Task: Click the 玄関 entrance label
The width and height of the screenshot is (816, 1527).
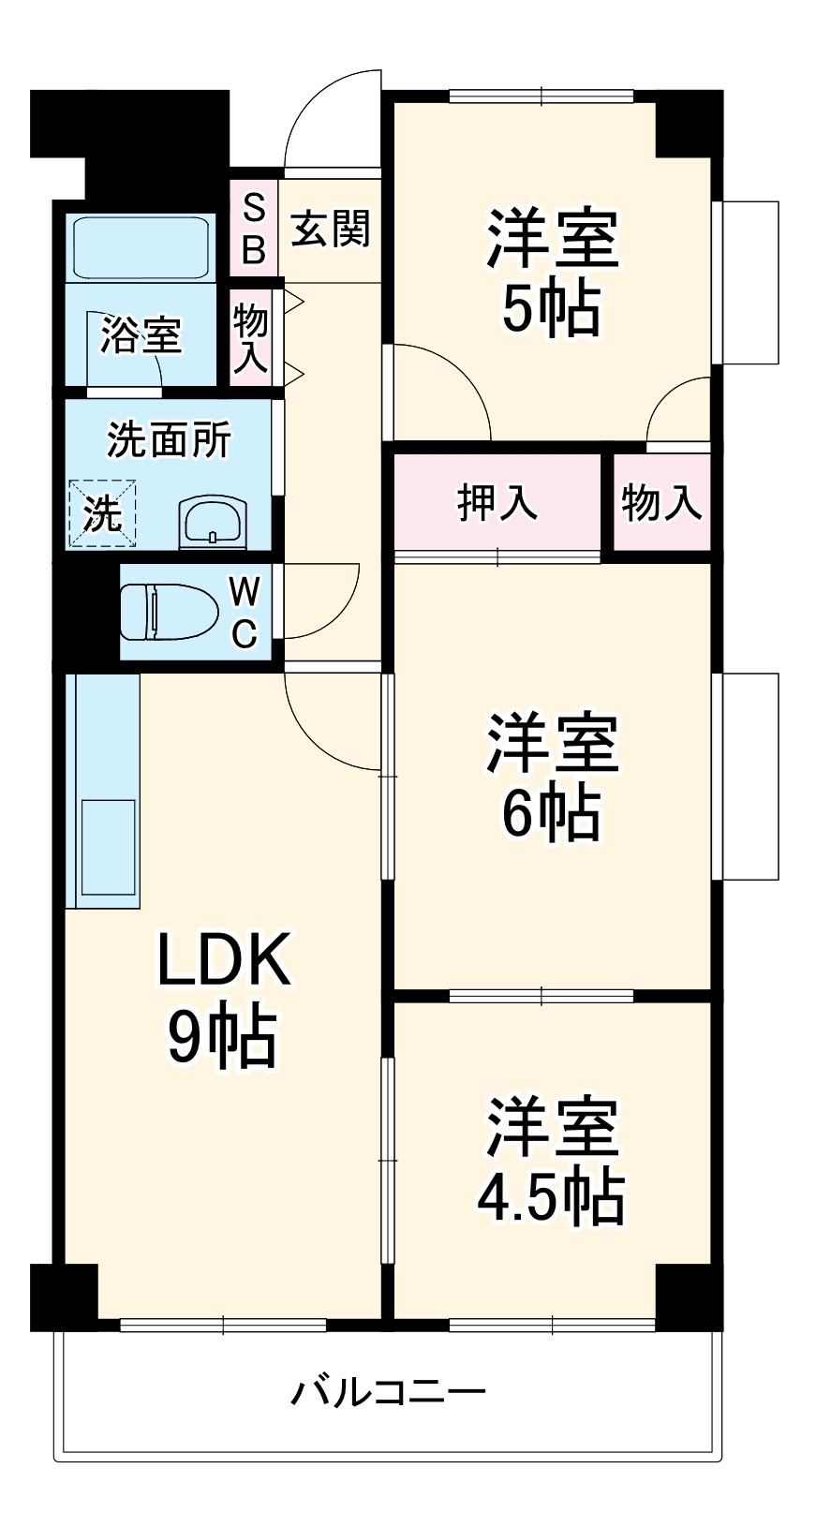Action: [331, 230]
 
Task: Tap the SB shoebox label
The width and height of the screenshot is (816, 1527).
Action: [254, 230]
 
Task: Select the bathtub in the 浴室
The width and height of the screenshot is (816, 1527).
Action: [141, 247]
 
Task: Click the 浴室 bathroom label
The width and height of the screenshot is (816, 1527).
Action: [141, 334]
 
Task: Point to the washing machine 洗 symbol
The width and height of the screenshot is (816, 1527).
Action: [102, 513]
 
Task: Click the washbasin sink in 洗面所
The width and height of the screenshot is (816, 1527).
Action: [213, 521]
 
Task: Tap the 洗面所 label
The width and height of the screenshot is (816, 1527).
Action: [169, 440]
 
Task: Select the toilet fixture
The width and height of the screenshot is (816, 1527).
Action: [165, 611]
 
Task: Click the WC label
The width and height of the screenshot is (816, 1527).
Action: [244, 613]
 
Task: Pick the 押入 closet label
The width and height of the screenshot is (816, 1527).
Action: [497, 503]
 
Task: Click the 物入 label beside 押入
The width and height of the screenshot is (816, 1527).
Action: [661, 503]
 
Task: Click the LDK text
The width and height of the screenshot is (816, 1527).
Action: [223, 959]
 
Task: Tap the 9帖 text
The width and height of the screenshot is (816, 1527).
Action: [223, 1038]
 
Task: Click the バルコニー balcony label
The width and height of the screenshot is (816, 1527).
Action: [388, 1392]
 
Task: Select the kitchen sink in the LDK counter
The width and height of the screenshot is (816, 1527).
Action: [109, 847]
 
